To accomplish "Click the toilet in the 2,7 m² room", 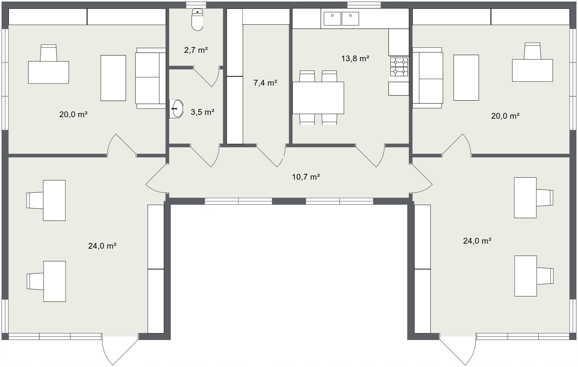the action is [197, 20].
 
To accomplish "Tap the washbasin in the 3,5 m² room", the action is [176, 109].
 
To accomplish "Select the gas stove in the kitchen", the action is [399, 67].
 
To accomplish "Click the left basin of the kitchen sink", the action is [332, 19].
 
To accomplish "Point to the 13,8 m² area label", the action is [355, 59].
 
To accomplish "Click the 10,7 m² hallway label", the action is [306, 177].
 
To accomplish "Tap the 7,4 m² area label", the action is [265, 83].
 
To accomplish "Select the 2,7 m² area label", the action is [196, 50].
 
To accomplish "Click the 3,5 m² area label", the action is [203, 112].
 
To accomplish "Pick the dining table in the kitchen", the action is [318, 98].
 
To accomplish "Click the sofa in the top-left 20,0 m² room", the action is [151, 78].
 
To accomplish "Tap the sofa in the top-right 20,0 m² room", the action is [428, 78].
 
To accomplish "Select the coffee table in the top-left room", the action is [113, 78].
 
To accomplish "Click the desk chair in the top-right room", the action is [532, 51].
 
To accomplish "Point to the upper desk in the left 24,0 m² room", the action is [54, 200].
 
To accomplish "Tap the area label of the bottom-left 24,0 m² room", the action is [102, 246].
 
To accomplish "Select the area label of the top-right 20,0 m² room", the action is [505, 116].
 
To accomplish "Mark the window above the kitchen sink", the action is [364, 5].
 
